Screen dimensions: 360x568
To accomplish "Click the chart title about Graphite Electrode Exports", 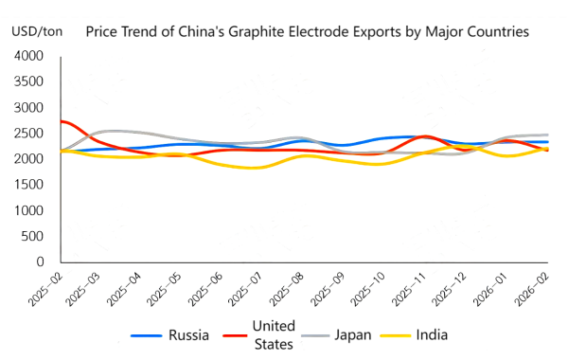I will coord(307,32).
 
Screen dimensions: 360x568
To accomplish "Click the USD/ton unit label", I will coord(39,31).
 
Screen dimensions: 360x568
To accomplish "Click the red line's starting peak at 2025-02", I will coord(62,121).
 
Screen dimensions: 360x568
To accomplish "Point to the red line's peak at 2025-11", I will coord(425,136).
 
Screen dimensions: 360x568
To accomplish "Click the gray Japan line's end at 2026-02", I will coord(547,135).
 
